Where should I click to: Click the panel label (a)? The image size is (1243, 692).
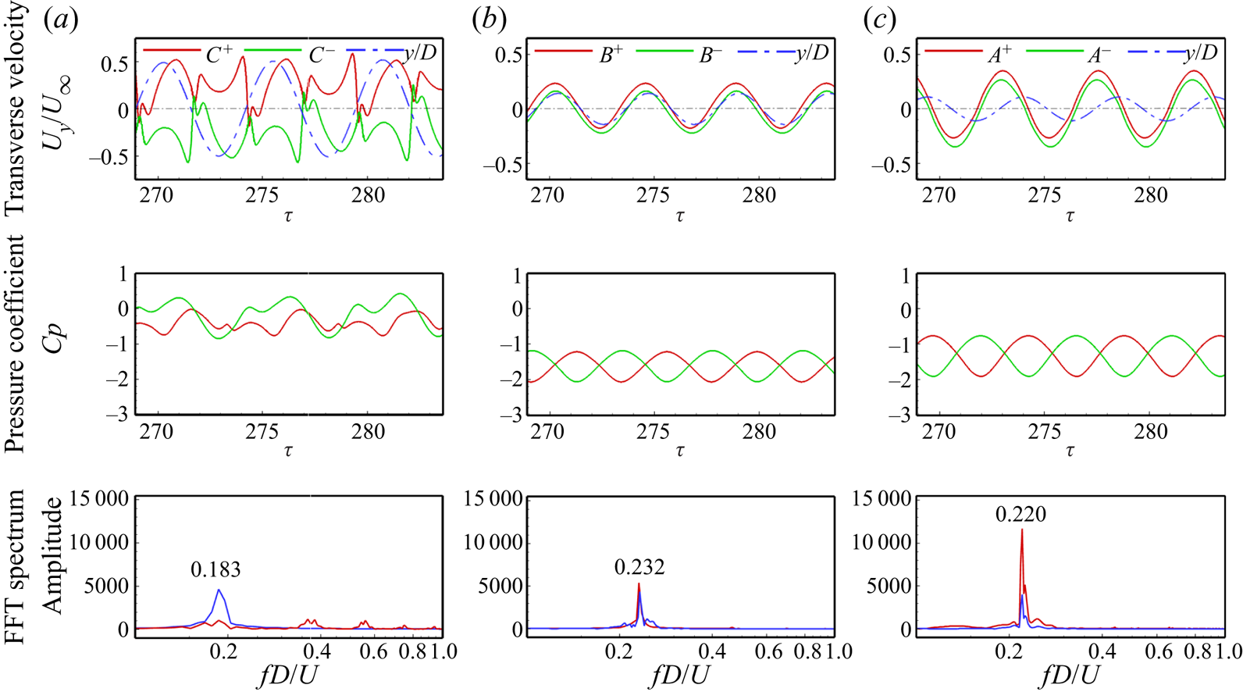click(x=61, y=20)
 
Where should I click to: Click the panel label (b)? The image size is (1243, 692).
click(x=490, y=20)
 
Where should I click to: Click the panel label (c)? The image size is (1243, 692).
click(x=880, y=20)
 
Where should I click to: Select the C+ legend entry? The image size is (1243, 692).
click(x=219, y=54)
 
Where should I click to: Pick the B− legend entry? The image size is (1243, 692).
click(x=709, y=54)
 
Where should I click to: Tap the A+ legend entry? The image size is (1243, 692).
click(x=1000, y=54)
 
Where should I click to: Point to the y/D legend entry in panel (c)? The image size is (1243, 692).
click(x=1200, y=52)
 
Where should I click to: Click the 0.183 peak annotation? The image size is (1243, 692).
click(x=215, y=570)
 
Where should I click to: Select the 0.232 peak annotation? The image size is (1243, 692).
click(x=639, y=567)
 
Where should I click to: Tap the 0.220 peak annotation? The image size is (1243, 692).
click(x=1020, y=514)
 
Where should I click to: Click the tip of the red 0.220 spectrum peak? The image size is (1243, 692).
click(x=1021, y=530)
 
